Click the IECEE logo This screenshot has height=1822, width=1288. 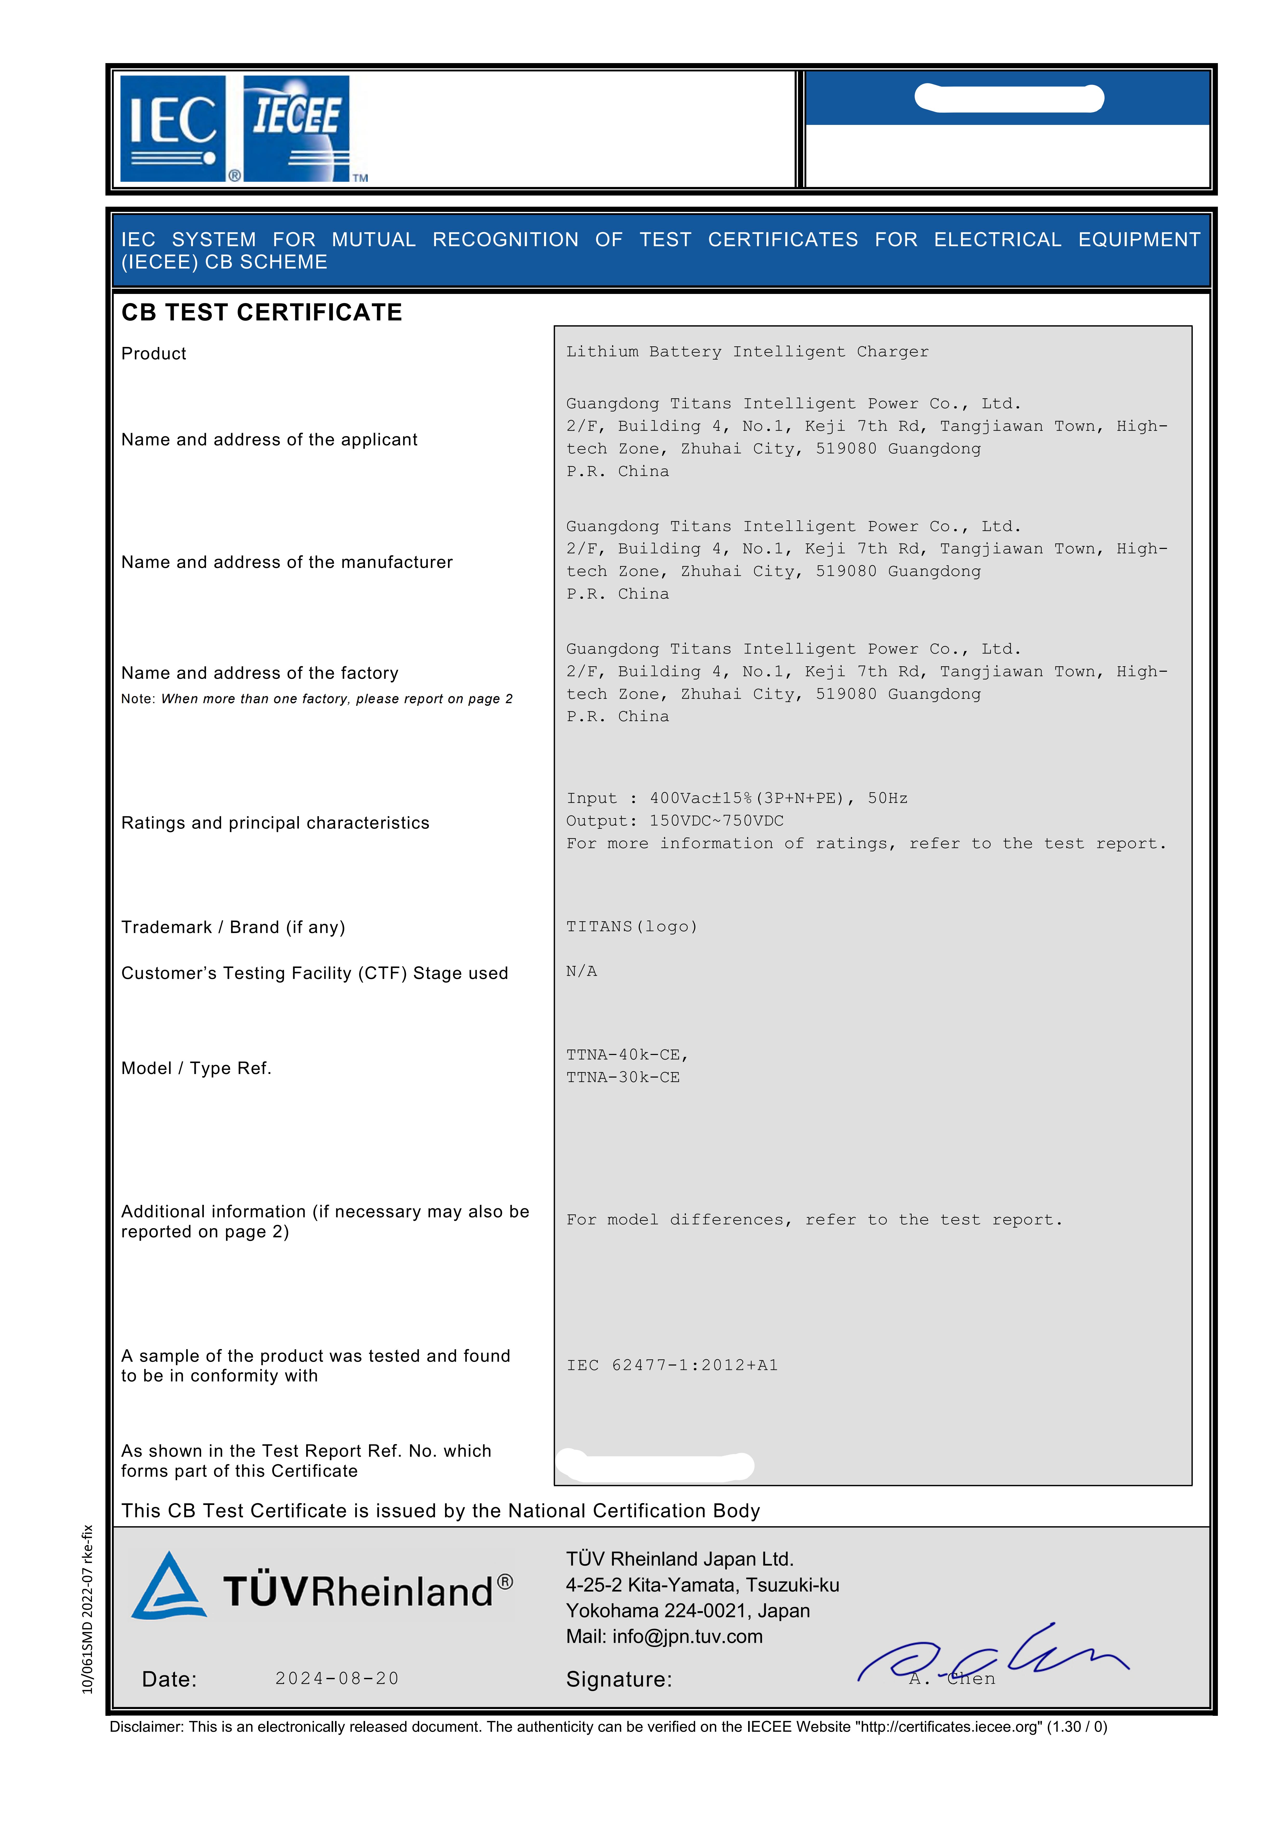[296, 129]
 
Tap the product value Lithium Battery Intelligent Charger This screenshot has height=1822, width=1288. [747, 352]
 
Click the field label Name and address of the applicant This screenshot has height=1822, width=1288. [269, 440]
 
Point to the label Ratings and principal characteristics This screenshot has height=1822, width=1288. [274, 823]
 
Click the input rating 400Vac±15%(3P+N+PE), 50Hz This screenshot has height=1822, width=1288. [778, 798]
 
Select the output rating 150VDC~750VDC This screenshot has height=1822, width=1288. [716, 821]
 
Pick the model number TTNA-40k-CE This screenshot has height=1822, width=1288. [626, 1055]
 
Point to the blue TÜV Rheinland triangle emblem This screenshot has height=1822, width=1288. [169, 1587]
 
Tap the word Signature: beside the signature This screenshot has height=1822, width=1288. [619, 1679]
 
